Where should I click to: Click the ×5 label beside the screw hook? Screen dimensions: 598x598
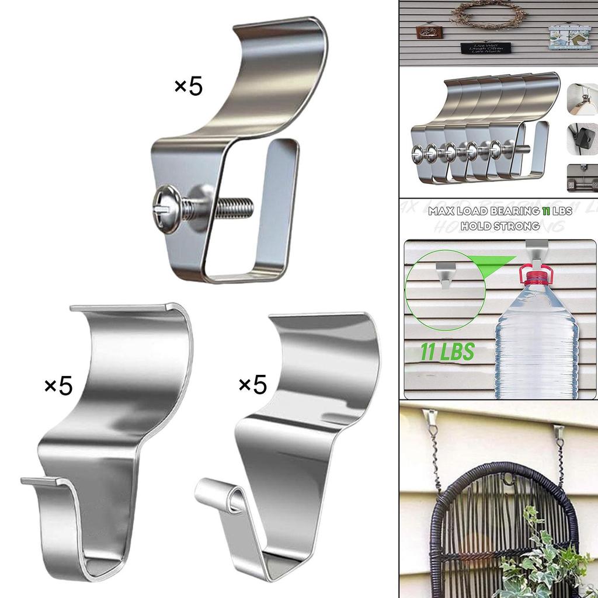point(188,87)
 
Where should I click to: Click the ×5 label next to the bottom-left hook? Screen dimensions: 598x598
point(58,385)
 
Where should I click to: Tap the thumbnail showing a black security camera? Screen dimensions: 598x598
point(582,138)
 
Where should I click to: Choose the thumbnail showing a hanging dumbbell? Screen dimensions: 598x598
point(582,178)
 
